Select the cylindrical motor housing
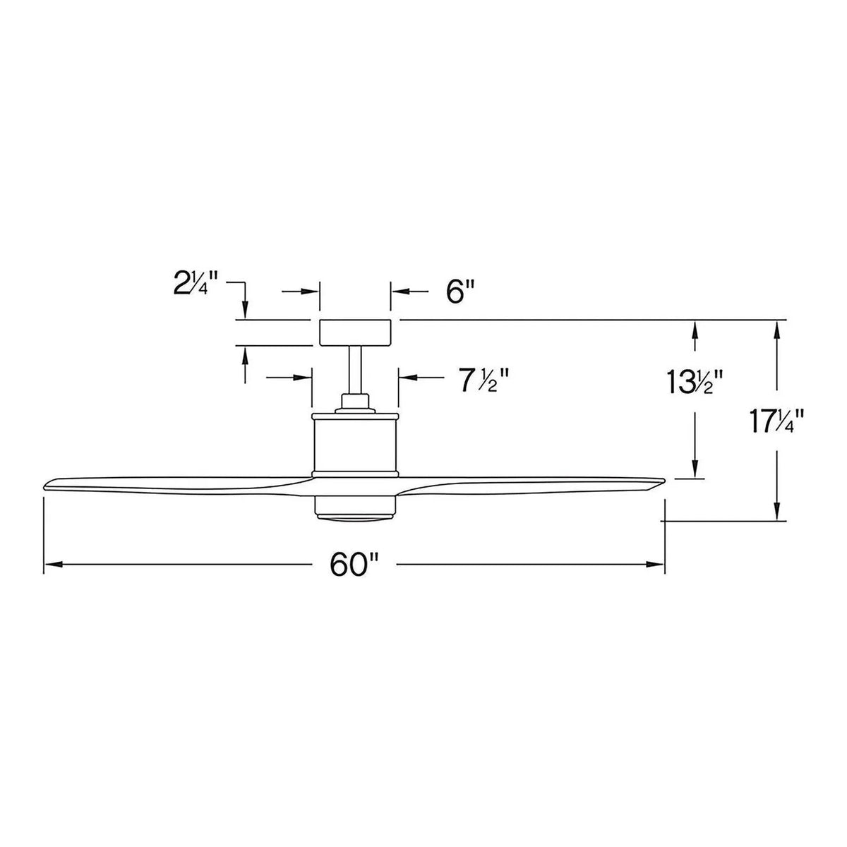pyautogui.click(x=355, y=441)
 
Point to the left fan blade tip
pyautogui.click(x=48, y=485)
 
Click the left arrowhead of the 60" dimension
pyautogui.click(x=51, y=564)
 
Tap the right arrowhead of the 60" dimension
pyautogui.click(x=658, y=564)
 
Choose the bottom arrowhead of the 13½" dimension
pyautogui.click(x=696, y=473)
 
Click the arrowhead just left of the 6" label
pyautogui.click(x=397, y=291)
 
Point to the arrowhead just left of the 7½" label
pyautogui.click(x=404, y=378)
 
